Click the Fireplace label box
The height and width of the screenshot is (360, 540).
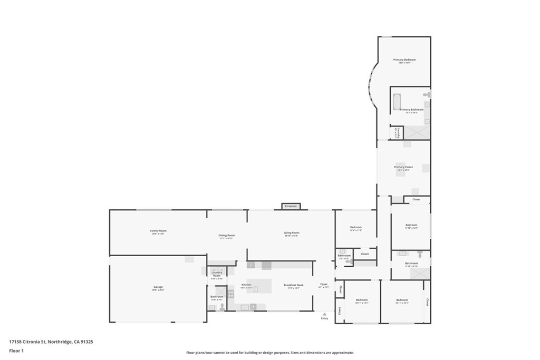pyautogui.click(x=291, y=206)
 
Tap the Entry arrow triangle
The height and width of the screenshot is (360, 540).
pyautogui.click(x=324, y=314)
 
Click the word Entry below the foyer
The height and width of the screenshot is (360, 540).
pyautogui.click(x=324, y=318)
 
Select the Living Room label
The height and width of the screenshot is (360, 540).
pyautogui.click(x=292, y=232)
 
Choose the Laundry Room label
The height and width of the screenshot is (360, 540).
pyautogui.click(x=217, y=274)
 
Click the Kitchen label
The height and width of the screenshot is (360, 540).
pyautogui.click(x=246, y=285)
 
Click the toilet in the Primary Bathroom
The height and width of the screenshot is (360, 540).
pyautogui.click(x=429, y=94)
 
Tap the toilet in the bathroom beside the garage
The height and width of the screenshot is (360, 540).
pyautogui.click(x=222, y=306)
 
